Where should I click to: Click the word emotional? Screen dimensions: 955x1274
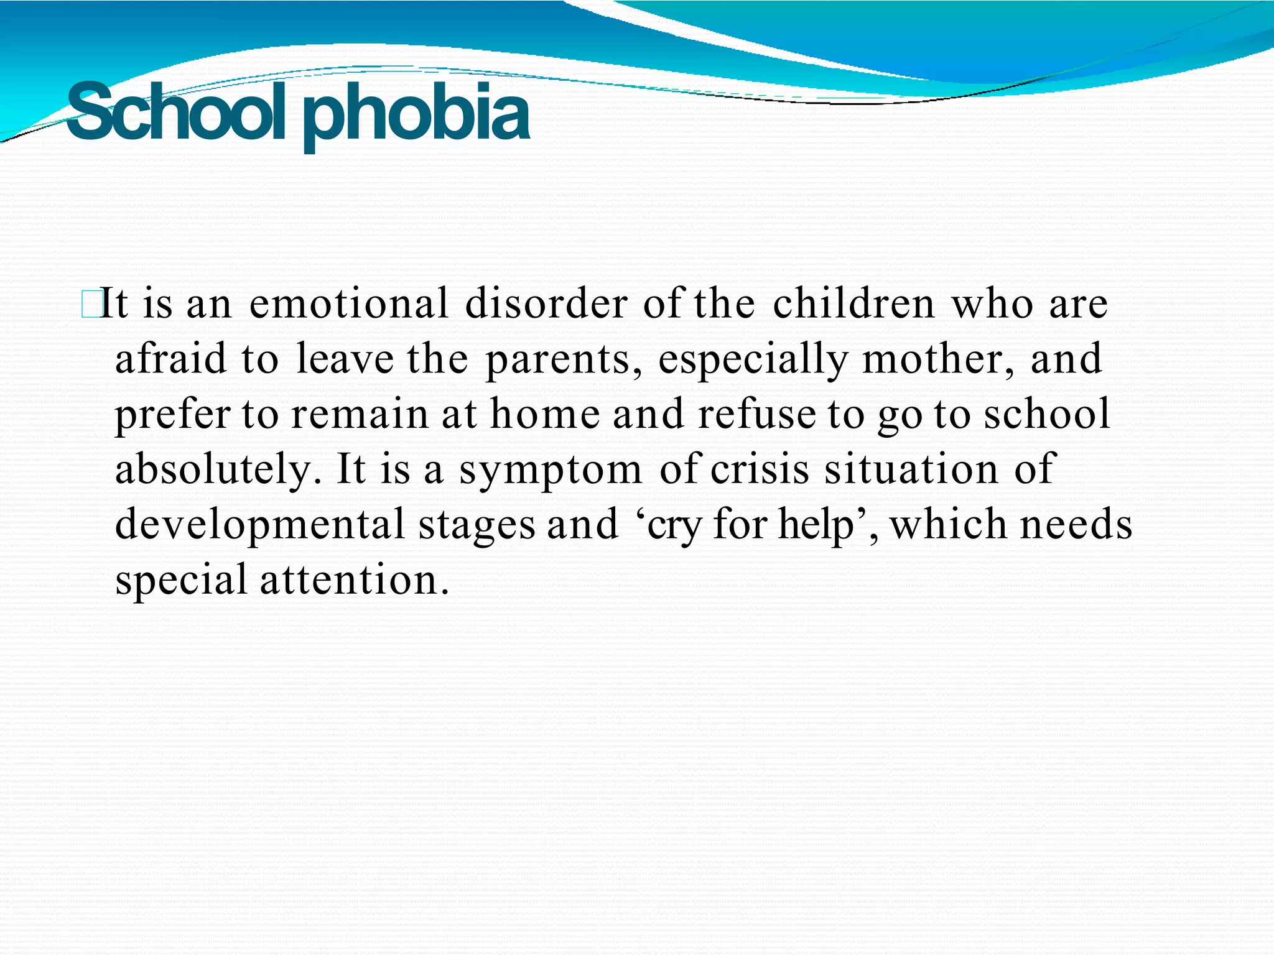(348, 304)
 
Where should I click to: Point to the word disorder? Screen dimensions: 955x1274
(546, 304)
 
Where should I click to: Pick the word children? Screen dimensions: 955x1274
(853, 304)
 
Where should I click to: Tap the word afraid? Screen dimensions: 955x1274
(171, 359)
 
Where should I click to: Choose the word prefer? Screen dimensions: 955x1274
(172, 415)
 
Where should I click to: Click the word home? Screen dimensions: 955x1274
(545, 414)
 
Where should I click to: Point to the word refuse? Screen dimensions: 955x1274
(756, 414)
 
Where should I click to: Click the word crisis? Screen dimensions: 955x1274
(760, 469)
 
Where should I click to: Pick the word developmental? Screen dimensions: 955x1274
(261, 525)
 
